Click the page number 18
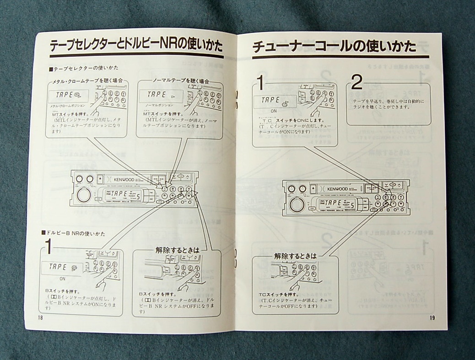coord(40,318)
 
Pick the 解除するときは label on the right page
coord(295,257)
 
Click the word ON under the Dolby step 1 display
coord(62,278)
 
